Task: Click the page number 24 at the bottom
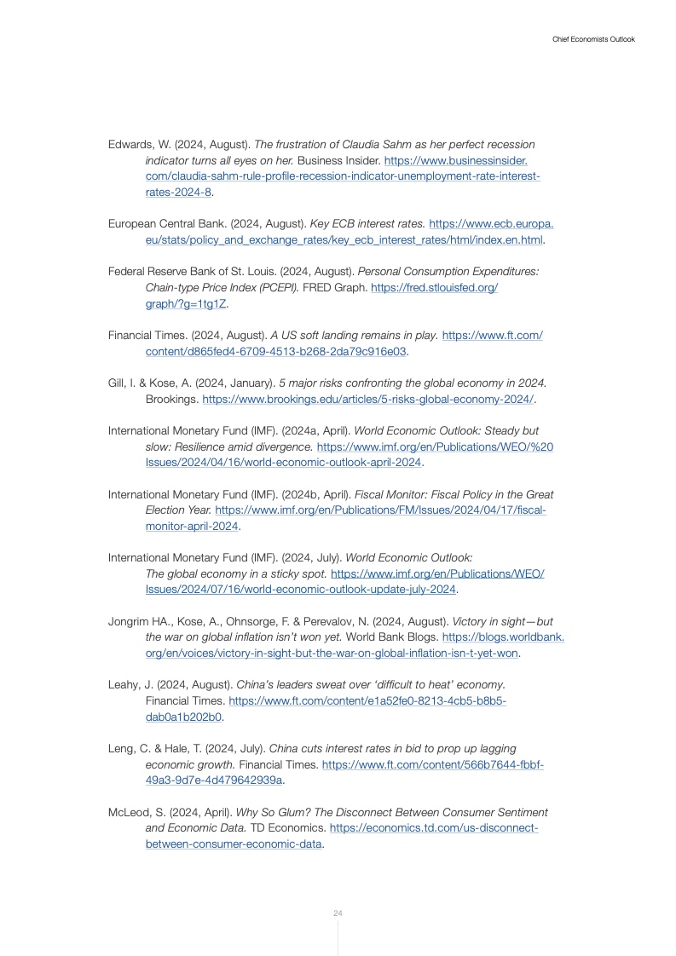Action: coord(338,913)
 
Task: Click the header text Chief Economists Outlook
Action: coord(593,39)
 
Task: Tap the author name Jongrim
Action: coord(129,622)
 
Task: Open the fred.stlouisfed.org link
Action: coord(434,287)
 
